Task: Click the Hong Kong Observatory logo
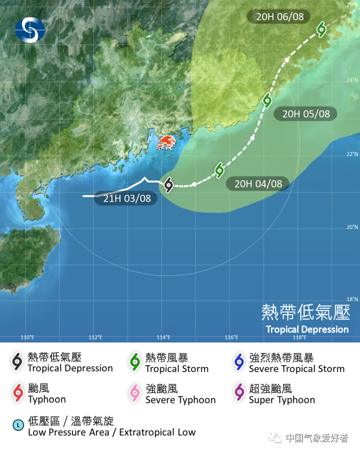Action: point(29,29)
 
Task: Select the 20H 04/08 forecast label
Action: point(258,183)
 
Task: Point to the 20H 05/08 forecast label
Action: point(305,113)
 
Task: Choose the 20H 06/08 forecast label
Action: point(279,16)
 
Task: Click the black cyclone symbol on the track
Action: point(168,184)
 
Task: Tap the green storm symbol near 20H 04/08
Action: point(219,170)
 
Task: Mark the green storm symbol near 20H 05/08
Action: point(268,99)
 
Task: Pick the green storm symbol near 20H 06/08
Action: point(321,29)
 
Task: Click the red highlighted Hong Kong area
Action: point(168,142)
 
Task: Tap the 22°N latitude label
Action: point(352,154)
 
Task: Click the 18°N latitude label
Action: point(352,299)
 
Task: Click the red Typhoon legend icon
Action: point(18,393)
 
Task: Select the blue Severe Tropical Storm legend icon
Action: point(239,362)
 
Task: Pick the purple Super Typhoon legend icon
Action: point(239,393)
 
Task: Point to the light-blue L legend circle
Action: point(18,425)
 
